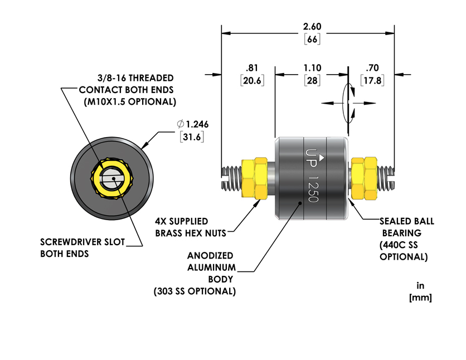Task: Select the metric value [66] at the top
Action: pos(312,40)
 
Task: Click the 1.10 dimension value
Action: pos(312,68)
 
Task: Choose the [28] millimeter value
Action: pos(312,80)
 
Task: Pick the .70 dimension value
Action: pos(371,68)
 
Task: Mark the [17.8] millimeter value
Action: pos(371,80)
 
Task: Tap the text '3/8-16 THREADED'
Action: pos(128,78)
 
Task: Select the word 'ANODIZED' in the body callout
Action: pos(209,256)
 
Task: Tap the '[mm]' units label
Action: pos(420,298)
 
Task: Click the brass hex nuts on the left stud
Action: pos(256,178)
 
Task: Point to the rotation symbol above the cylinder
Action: pos(349,103)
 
